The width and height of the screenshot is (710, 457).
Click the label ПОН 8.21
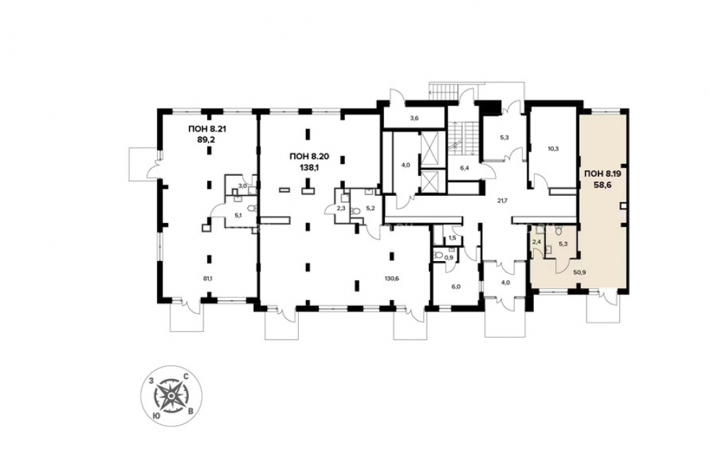click(207, 129)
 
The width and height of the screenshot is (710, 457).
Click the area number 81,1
click(207, 278)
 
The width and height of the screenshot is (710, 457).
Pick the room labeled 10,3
click(553, 148)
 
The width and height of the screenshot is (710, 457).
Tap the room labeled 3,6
click(414, 119)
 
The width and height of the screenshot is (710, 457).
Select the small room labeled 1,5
click(452, 238)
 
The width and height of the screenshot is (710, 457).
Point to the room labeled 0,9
click(449, 258)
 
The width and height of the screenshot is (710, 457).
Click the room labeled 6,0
click(455, 287)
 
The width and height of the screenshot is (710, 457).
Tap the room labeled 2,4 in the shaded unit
click(537, 242)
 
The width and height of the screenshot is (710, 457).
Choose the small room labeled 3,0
click(243, 186)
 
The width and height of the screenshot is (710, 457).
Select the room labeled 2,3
click(342, 208)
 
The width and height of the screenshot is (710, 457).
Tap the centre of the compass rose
click(170, 396)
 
